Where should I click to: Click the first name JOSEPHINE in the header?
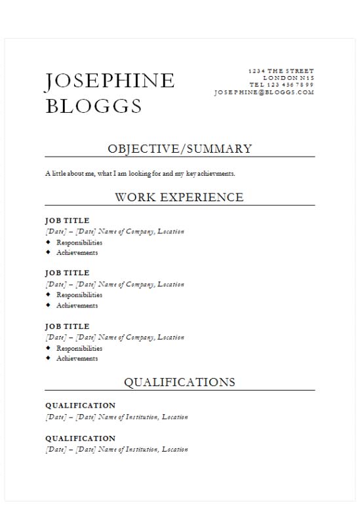(110, 81)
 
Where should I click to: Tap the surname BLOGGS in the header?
(93, 106)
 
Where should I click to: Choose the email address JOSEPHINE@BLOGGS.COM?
(264, 92)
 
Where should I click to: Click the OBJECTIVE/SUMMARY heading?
(179, 149)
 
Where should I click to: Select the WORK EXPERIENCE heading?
(179, 197)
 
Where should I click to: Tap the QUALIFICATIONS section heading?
(179, 382)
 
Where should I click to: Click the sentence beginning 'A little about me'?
(140, 174)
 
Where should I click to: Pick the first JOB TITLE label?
(67, 221)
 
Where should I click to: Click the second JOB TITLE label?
(67, 273)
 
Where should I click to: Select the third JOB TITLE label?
(67, 326)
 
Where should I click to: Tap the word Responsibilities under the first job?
(79, 243)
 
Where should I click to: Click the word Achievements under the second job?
(77, 305)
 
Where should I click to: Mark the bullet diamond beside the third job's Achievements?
(48, 358)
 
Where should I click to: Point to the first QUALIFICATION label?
(80, 406)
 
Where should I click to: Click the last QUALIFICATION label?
(80, 438)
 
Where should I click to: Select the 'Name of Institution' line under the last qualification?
(116, 450)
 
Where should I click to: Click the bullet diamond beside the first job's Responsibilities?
(48, 242)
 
